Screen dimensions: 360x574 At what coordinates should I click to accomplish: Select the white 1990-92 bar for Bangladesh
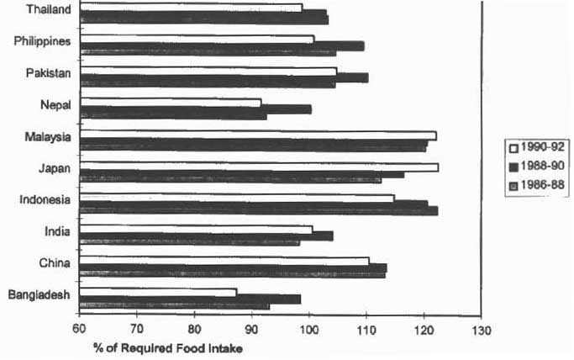point(159,292)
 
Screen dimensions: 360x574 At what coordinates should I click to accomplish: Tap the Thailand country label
point(48,9)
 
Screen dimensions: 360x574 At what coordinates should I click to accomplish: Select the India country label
point(59,230)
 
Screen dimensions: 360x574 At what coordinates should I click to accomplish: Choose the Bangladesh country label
point(39,294)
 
